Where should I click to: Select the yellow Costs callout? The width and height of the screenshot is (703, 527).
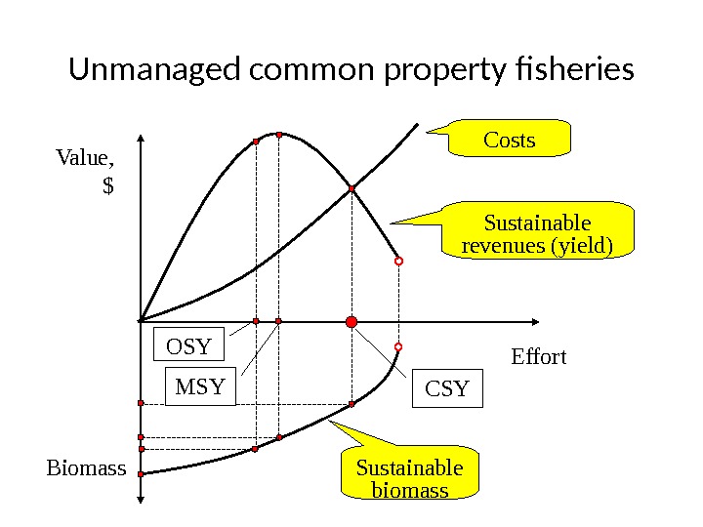tap(510, 140)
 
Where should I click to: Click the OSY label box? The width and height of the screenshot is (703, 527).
tap(189, 345)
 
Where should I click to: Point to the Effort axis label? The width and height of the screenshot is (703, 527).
tap(539, 357)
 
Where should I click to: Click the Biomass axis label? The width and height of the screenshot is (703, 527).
tap(87, 468)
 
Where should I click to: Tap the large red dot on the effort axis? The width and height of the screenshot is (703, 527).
tap(351, 321)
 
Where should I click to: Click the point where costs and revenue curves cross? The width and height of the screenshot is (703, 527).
tap(351, 188)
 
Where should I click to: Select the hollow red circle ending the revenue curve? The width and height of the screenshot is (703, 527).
tap(399, 262)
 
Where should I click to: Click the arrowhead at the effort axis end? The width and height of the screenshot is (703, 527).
tap(535, 321)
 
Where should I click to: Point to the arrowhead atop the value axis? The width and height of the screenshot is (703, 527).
tap(142, 138)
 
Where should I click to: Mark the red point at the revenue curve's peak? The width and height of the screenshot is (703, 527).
tap(278, 135)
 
